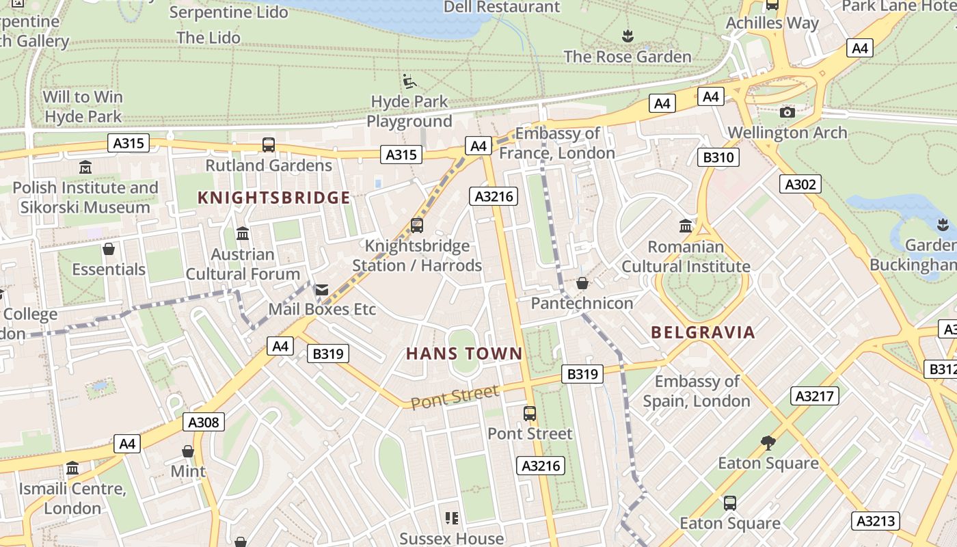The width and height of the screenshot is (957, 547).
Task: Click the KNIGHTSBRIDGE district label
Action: click(273, 198)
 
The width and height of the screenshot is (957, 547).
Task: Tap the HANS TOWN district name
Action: click(464, 353)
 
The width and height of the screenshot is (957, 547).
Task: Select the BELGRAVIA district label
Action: click(703, 333)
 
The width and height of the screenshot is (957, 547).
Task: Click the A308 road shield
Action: click(204, 422)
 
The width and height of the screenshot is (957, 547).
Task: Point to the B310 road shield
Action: click(718, 158)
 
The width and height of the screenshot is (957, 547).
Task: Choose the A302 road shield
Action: click(800, 184)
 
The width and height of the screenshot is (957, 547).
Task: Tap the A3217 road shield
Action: click(815, 395)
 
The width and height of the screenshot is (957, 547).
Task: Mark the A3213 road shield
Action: click(876, 520)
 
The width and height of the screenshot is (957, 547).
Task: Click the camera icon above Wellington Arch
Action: click(787, 112)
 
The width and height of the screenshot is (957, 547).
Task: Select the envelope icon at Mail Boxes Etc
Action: click(321, 291)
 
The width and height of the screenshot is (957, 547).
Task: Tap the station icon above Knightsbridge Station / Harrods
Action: click(416, 225)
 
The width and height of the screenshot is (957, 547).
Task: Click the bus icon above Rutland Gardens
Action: click(269, 145)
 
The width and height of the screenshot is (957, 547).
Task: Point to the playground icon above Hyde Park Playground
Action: click(409, 82)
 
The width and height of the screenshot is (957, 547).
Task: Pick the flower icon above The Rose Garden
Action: click(628, 36)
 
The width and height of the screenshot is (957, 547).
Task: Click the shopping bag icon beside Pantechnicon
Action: click(582, 283)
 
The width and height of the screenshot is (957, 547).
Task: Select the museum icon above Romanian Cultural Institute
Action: click(686, 226)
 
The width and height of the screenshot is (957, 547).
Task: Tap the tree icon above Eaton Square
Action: click(768, 443)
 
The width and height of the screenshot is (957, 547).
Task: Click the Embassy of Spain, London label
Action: click(697, 391)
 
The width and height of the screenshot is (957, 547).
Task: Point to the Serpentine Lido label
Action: click(228, 12)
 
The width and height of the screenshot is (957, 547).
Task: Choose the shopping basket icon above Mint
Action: click(188, 451)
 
